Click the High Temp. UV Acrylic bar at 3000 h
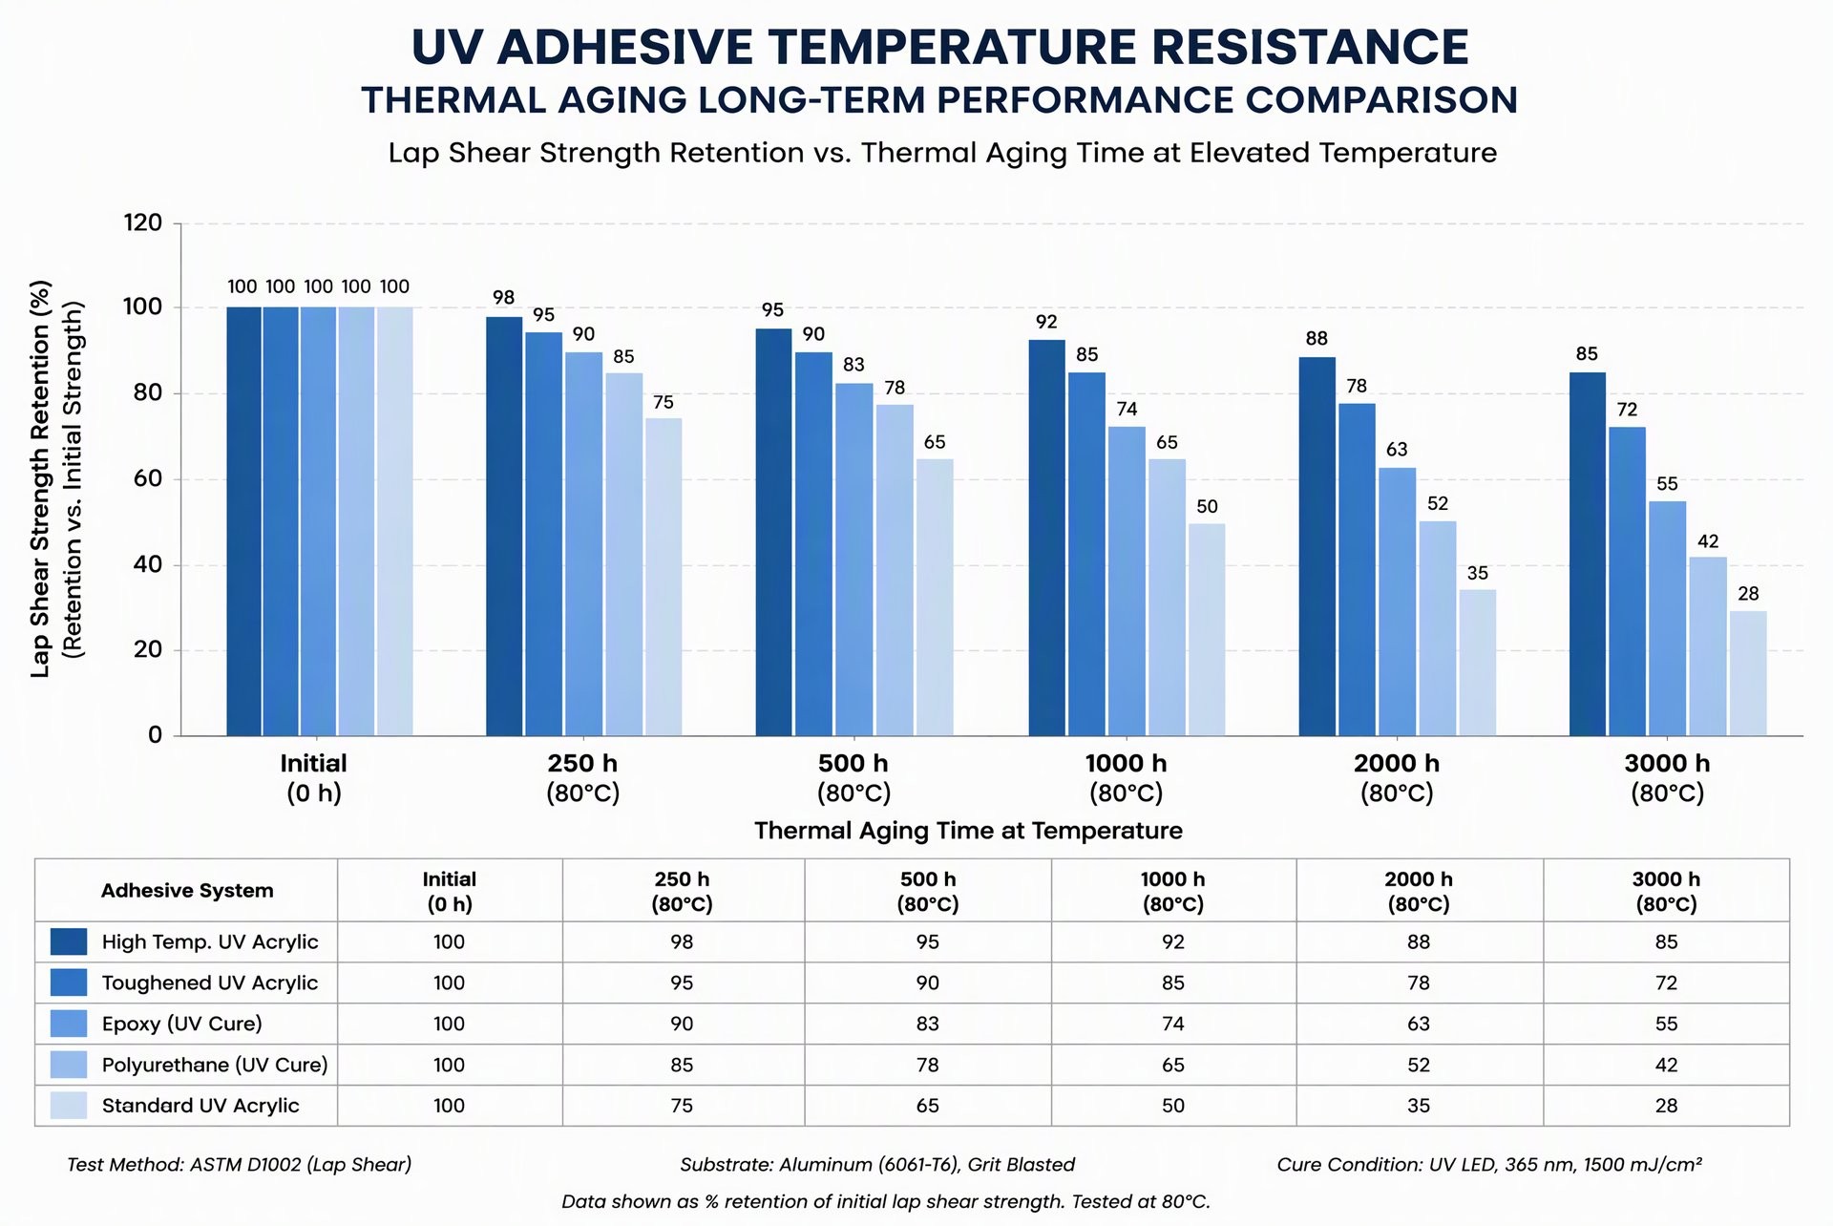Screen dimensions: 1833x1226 pos(1588,554)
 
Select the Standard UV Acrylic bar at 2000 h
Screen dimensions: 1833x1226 pos(1477,663)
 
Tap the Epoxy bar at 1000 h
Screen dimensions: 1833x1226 pos(1127,581)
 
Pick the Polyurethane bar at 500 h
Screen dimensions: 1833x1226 pos(895,570)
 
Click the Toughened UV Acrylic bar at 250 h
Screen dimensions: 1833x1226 pos(543,534)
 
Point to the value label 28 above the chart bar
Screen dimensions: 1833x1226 pos(1748,594)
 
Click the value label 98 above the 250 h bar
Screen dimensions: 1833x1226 pos(503,298)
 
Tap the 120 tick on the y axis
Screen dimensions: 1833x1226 pos(143,222)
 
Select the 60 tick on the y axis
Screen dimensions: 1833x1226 pos(148,478)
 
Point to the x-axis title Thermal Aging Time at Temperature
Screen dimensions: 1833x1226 pos(968,831)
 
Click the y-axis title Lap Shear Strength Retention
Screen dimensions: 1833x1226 pos(40,479)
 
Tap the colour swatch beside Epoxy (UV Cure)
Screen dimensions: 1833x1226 pos(69,1024)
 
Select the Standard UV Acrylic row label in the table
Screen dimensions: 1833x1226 pos(200,1106)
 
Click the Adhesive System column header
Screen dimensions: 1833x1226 pos(187,891)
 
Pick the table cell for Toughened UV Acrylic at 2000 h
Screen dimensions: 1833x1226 pos(1419,983)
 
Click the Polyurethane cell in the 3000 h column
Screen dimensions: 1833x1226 pos(1666,1065)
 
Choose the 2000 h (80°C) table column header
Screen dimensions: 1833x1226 pos(1419,892)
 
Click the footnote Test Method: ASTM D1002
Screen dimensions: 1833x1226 pos(240,1165)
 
